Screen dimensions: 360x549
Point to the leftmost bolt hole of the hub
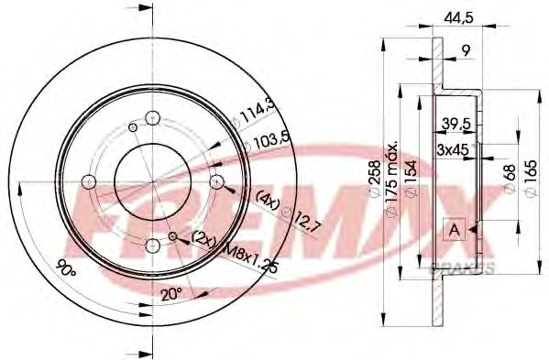89,180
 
